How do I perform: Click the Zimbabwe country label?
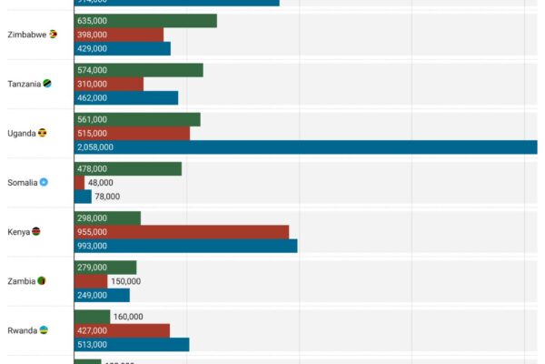click(x=26, y=35)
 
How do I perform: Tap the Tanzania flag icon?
click(x=47, y=84)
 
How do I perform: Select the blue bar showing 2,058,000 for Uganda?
click(x=305, y=147)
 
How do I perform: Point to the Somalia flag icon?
click(x=44, y=182)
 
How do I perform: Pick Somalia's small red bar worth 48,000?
click(x=80, y=182)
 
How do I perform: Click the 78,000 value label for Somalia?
click(x=107, y=196)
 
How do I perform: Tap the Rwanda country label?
click(x=22, y=330)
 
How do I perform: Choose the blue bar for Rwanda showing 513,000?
click(x=132, y=344)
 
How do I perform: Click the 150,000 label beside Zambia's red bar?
click(x=125, y=281)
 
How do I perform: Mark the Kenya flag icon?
click(x=36, y=231)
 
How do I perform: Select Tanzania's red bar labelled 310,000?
click(x=109, y=84)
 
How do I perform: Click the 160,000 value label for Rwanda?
click(x=128, y=317)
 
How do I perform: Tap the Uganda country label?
click(x=22, y=133)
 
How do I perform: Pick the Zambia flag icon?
click(x=42, y=280)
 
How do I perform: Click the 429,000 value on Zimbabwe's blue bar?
click(x=93, y=48)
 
